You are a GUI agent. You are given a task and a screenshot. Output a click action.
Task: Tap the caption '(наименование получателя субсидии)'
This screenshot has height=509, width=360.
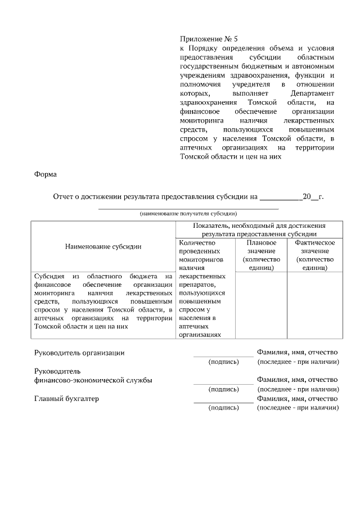188,214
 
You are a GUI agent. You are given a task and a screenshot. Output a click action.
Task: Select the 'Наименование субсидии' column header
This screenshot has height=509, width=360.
103,246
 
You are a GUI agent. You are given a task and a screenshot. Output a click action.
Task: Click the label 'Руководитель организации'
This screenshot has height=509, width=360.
79,353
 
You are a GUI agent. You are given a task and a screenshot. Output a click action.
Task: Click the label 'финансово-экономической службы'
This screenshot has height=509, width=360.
93,380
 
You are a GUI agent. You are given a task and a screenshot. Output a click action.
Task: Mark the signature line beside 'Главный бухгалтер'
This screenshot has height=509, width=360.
223,403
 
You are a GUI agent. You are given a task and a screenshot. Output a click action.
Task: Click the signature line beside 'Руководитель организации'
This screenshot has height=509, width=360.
223,357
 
